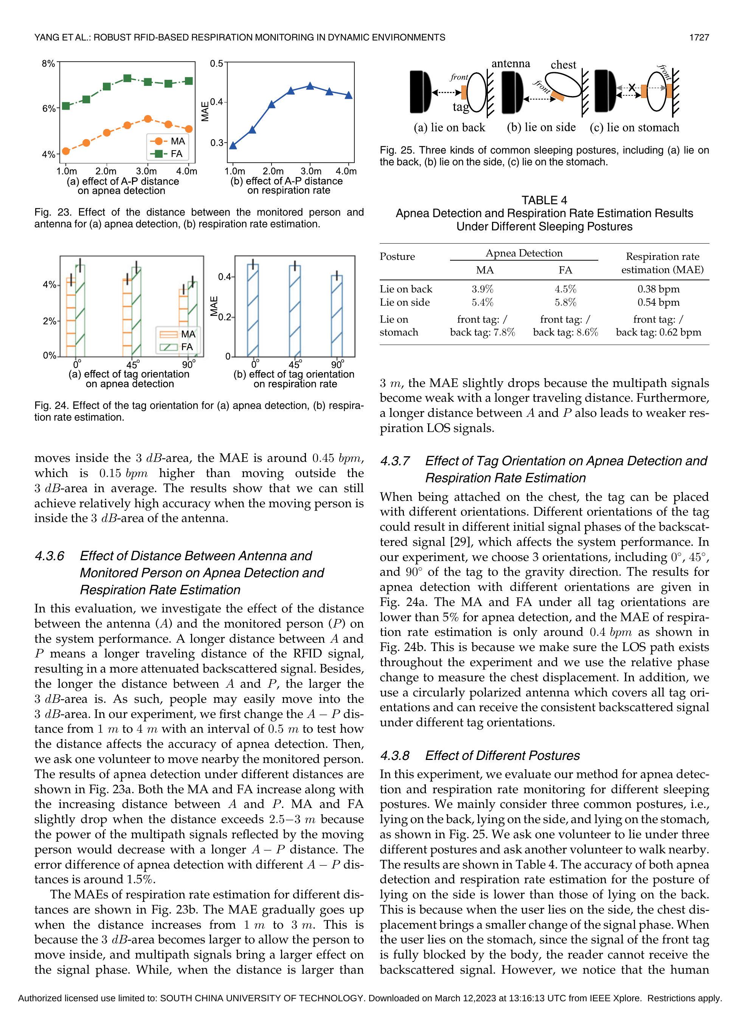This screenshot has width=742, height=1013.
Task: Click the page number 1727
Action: (x=699, y=37)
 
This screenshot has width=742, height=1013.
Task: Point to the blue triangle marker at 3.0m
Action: (x=310, y=85)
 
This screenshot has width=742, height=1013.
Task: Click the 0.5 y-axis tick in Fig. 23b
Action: (x=216, y=63)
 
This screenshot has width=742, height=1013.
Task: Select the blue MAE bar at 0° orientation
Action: (x=253, y=310)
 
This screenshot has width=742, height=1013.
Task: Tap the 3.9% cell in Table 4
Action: (x=483, y=289)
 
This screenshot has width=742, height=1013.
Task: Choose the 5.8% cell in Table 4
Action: (x=565, y=302)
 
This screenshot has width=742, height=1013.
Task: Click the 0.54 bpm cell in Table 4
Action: (x=658, y=302)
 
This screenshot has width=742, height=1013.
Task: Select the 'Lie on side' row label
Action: (x=405, y=302)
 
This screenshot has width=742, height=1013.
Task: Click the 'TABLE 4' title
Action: (x=544, y=200)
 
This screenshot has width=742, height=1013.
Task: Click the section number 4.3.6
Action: (x=50, y=556)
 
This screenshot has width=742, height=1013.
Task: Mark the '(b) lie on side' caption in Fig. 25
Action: (x=541, y=127)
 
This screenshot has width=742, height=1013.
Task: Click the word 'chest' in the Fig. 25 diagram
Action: (x=563, y=65)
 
